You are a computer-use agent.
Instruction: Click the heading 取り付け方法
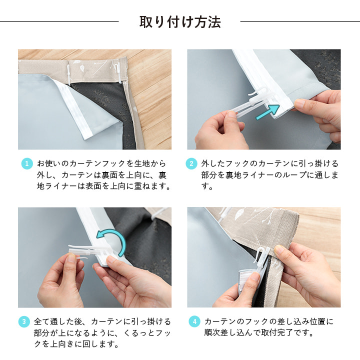click(x=180, y=22)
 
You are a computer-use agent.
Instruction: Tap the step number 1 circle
click(x=27, y=163)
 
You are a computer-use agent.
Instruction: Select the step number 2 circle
click(x=191, y=163)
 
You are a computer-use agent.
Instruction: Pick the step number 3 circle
click(x=24, y=321)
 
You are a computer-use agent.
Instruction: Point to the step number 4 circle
click(x=194, y=321)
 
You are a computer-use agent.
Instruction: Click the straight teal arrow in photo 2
click(x=267, y=112)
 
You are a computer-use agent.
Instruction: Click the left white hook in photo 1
click(x=68, y=74)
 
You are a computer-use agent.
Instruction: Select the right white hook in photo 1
click(x=118, y=73)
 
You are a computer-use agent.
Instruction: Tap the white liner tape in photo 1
click(x=76, y=108)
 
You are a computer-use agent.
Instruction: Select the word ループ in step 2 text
click(x=294, y=175)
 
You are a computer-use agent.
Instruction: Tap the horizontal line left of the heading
click(x=59, y=21)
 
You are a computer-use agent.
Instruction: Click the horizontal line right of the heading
click(x=300, y=21)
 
